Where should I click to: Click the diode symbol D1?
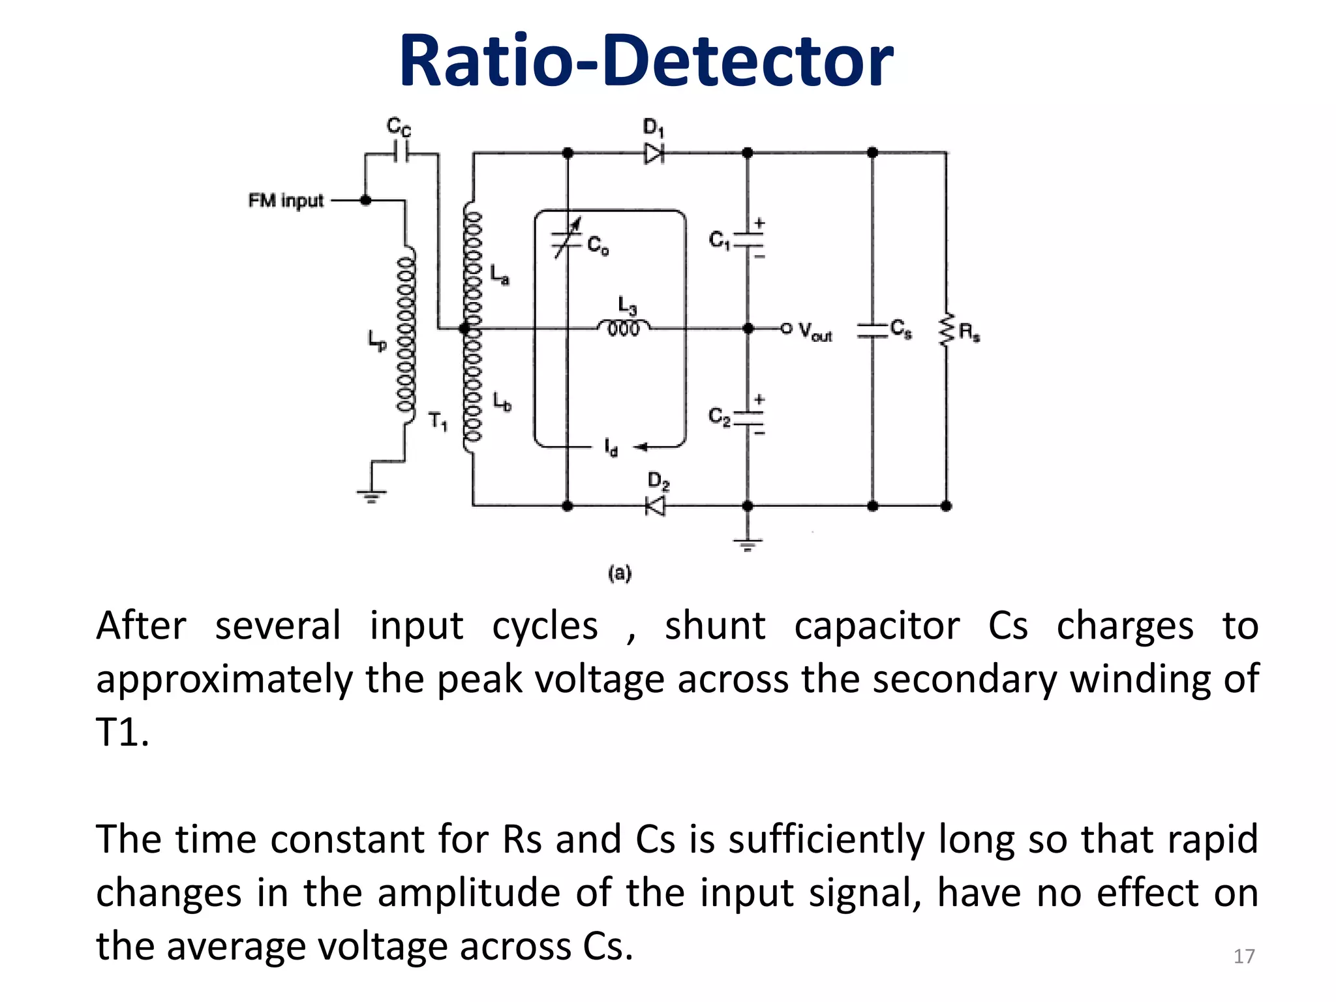[x=654, y=154]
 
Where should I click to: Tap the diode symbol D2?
[x=656, y=506]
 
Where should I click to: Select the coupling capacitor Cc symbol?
[x=401, y=154]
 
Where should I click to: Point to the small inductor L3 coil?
[x=624, y=327]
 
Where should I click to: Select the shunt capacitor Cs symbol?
[x=873, y=330]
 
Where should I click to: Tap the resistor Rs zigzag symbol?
[x=946, y=331]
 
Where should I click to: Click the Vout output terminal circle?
[x=786, y=328]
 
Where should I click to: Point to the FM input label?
[x=286, y=200]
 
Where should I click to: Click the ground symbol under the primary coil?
[x=371, y=496]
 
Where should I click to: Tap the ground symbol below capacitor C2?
[x=748, y=544]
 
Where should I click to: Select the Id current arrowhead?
[x=641, y=447]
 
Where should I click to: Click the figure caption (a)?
[x=620, y=573]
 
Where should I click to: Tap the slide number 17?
[x=1243, y=956]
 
